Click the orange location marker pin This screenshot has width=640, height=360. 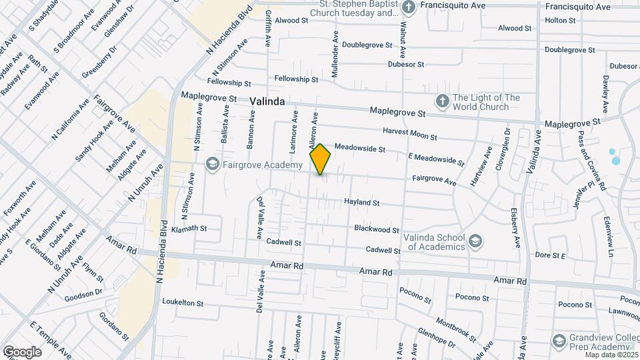tap(321, 159)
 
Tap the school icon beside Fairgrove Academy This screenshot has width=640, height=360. tap(212, 164)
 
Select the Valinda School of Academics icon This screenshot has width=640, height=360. tap(475, 241)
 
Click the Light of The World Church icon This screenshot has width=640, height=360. tap(441, 101)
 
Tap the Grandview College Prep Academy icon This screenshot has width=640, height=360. tap(559, 342)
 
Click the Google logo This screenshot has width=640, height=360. tap(21, 351)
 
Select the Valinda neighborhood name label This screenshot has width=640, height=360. tap(268, 101)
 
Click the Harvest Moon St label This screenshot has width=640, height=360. tap(409, 133)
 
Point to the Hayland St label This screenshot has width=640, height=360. tap(361, 202)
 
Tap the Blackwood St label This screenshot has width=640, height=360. tap(376, 229)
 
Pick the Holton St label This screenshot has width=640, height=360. tap(560, 21)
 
